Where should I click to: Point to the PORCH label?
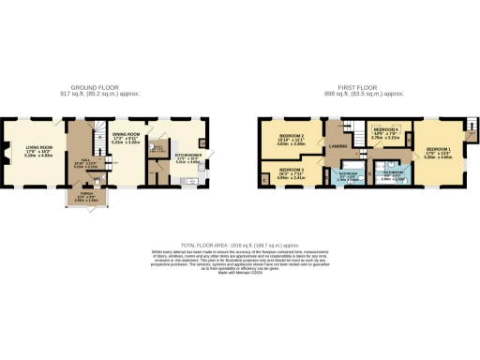click(x=86, y=194)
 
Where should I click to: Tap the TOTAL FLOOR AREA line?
click(x=240, y=241)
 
